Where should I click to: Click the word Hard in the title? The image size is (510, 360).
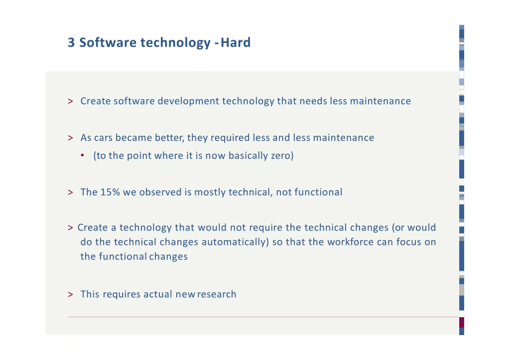[x=236, y=43]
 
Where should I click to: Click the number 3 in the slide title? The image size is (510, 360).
[x=71, y=43]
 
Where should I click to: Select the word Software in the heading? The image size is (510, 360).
[x=108, y=43]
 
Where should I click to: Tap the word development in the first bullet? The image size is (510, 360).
[x=189, y=101]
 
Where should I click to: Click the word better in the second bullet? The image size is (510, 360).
[x=169, y=138]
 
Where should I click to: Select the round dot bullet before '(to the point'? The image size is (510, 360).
[x=82, y=156]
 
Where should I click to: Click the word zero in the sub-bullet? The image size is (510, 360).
[x=282, y=156]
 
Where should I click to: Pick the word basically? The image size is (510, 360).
[x=248, y=156]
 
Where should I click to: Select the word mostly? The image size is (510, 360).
[x=210, y=192]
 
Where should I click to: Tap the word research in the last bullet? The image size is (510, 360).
[x=217, y=294]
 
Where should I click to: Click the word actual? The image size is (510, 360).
[x=158, y=294]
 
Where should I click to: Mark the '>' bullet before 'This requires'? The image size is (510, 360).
[x=71, y=294]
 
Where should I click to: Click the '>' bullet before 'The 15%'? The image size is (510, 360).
[x=71, y=192]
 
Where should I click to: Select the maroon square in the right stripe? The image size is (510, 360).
[x=462, y=322]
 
